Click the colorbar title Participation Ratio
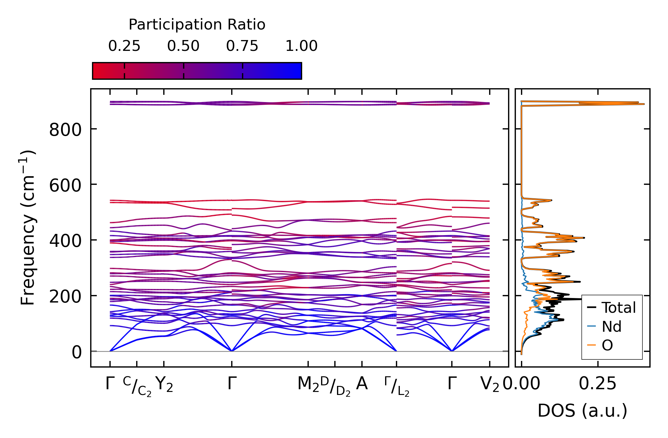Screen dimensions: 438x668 197,25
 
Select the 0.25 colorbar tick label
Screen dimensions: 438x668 124,46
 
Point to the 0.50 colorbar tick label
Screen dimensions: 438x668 183,46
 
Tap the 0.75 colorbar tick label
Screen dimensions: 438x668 242,46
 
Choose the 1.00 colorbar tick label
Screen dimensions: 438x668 301,46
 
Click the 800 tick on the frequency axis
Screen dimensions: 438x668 65,130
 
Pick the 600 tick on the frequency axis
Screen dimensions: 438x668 65,185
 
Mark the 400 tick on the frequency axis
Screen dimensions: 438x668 65,241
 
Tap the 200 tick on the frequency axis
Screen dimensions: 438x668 65,297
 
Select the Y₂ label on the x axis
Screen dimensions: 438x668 164,384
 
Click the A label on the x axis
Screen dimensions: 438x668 362,384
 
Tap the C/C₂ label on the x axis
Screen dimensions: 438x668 137,386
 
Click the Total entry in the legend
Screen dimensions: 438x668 618,308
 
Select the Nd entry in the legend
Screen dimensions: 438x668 611,327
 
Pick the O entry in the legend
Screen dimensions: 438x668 607,345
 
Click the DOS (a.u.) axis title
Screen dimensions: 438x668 582,411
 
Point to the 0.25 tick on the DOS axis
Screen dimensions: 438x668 598,384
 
